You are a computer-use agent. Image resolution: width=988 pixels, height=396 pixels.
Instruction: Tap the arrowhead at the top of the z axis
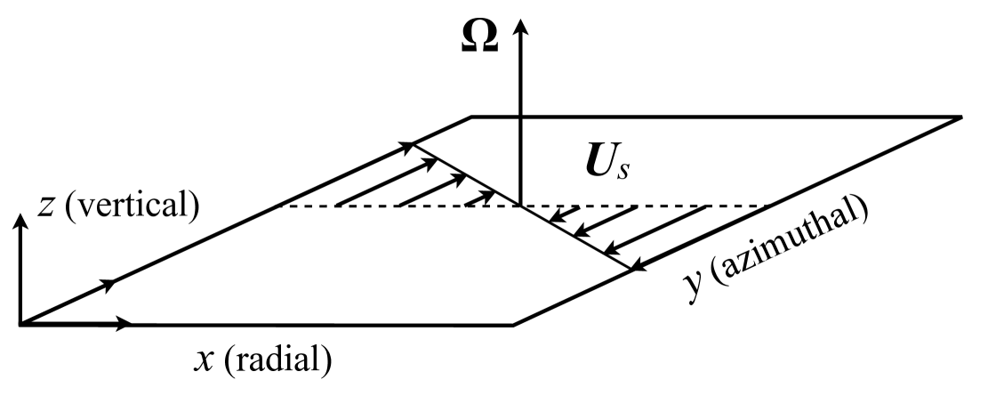(20, 222)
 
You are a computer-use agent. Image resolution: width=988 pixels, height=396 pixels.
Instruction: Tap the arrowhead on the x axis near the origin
(125, 325)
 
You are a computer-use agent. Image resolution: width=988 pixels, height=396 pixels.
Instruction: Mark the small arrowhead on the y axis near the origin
(109, 284)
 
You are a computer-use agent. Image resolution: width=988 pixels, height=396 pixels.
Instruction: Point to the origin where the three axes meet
(20, 324)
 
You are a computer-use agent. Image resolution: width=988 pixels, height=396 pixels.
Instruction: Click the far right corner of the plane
(961, 117)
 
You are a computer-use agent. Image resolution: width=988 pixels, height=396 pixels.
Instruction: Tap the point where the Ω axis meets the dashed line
(521, 206)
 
